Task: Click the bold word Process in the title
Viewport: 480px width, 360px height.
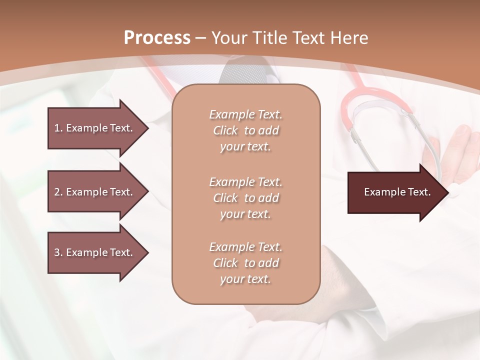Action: (157, 37)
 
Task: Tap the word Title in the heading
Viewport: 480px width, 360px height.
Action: (268, 37)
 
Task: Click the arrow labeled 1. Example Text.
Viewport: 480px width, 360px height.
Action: (95, 128)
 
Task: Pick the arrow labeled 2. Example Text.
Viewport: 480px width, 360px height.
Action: (95, 192)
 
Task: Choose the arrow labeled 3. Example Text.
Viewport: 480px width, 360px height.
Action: (95, 252)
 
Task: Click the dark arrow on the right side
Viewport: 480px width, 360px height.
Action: (395, 192)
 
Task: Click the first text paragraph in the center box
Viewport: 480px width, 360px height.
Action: (245, 130)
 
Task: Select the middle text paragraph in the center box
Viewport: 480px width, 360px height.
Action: (245, 197)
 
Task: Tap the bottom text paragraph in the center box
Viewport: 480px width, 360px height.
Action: (245, 263)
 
